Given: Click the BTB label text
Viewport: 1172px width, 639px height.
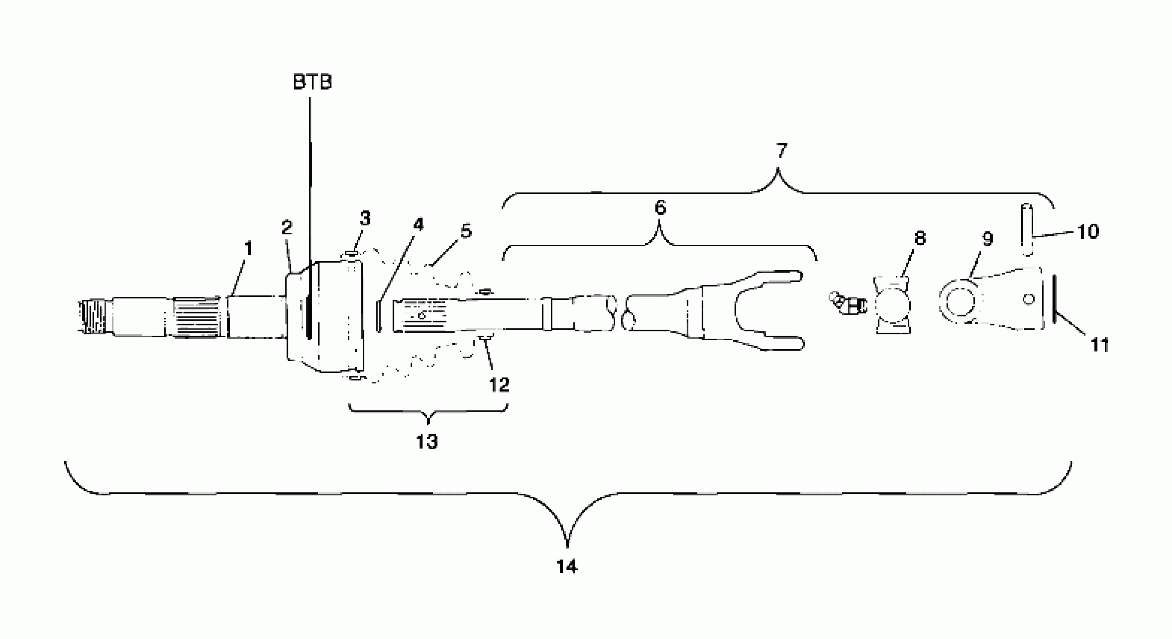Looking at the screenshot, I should click(x=312, y=82).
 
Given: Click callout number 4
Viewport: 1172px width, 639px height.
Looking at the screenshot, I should click(x=418, y=224).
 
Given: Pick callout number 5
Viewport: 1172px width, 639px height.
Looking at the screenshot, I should click(x=466, y=231).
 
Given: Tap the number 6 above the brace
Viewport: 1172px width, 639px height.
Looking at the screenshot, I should click(x=660, y=207).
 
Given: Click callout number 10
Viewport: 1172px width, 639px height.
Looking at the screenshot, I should click(x=1088, y=232).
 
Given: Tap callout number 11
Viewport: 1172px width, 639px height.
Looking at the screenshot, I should click(x=1100, y=345).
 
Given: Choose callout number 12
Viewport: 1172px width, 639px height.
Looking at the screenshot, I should click(x=499, y=385).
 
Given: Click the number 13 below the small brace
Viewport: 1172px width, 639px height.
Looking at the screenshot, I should click(x=427, y=442).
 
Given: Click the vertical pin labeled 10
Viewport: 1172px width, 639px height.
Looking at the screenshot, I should click(x=1027, y=230).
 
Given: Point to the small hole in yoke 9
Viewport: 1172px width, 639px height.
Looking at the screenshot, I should click(x=1028, y=299).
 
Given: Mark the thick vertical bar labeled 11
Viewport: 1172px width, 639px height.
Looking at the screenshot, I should click(x=1055, y=299).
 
